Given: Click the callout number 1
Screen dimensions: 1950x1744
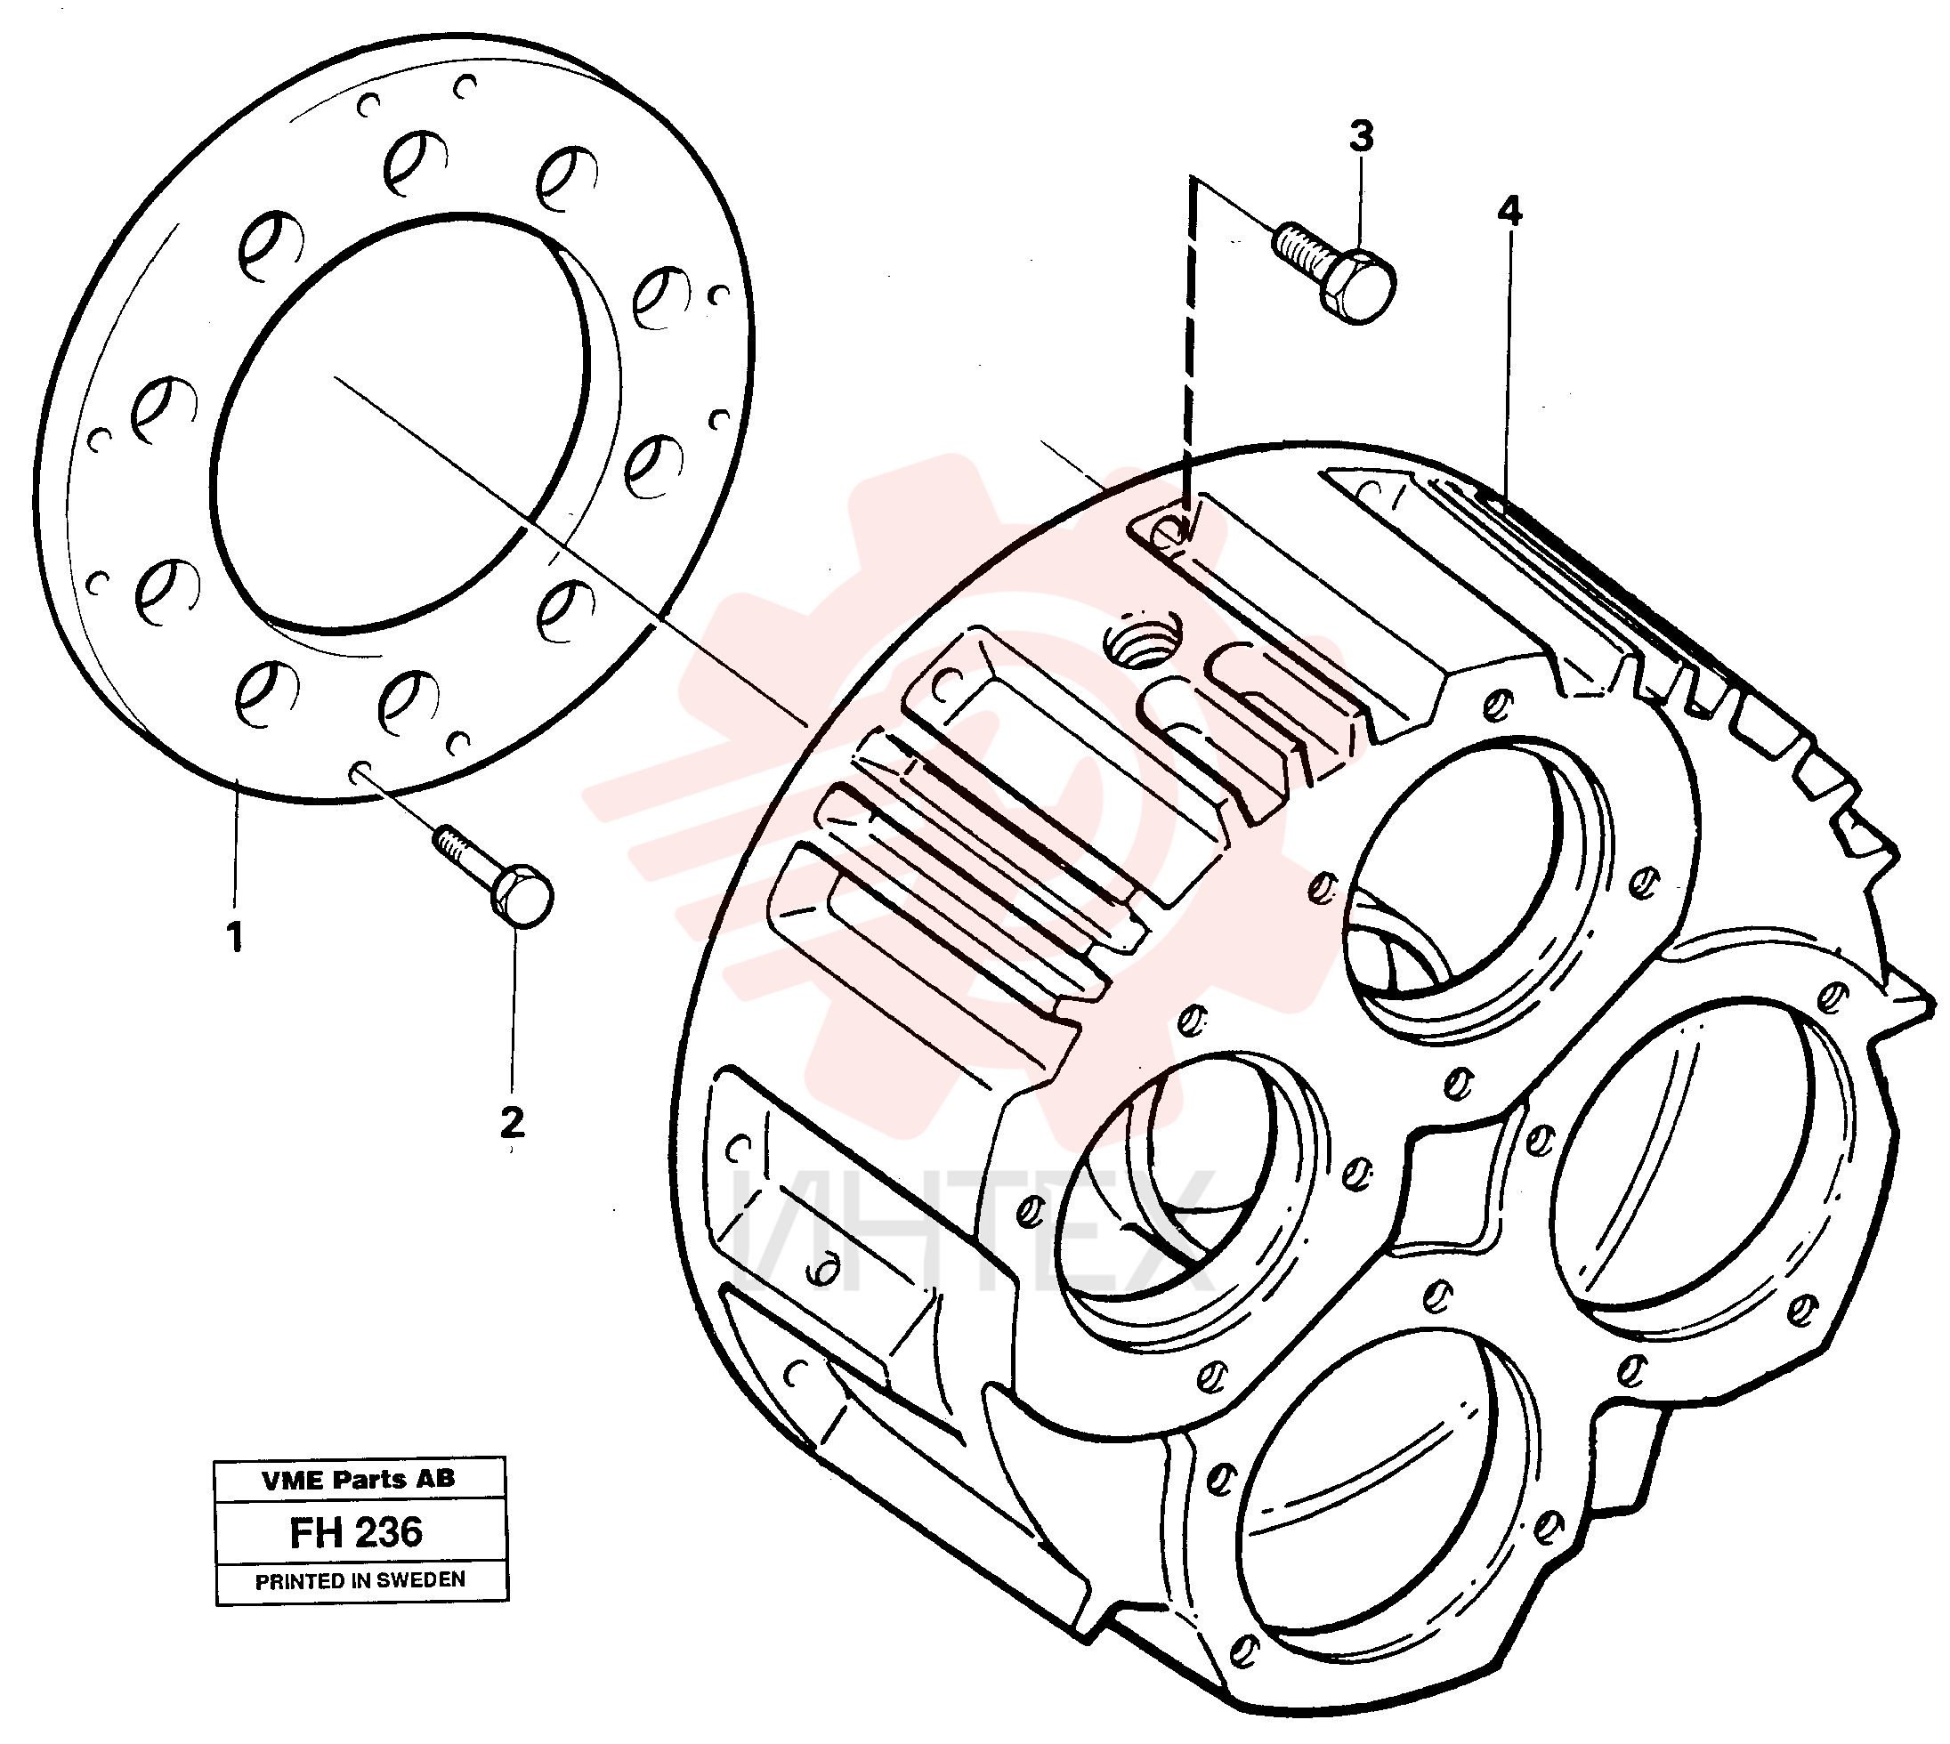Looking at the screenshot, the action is [x=235, y=935].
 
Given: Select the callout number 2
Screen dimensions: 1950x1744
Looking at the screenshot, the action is [x=513, y=1123].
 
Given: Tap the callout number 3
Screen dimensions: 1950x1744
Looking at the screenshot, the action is [x=1361, y=137].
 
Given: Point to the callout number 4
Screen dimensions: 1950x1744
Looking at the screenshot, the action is [x=1509, y=211].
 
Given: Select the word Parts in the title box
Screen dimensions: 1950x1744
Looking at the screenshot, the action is [x=369, y=1480].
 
